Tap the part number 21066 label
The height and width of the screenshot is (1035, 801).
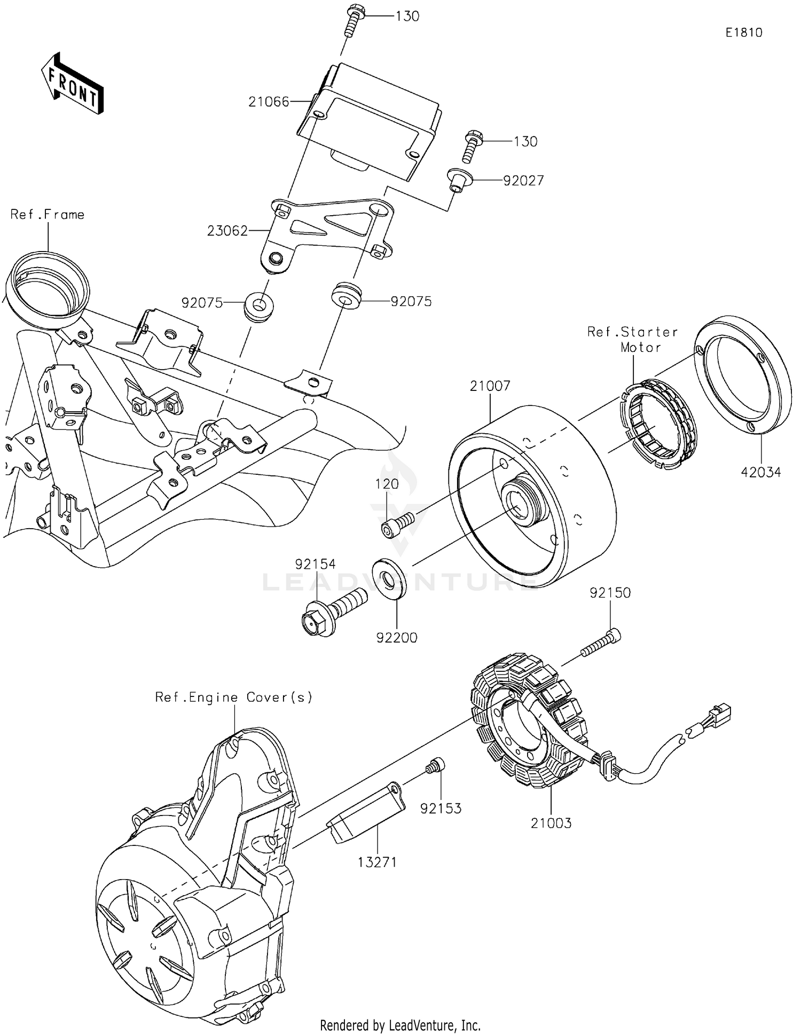(269, 101)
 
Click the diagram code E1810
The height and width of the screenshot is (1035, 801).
(744, 33)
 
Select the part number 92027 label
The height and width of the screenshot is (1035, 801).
(523, 181)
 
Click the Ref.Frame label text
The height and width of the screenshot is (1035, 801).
(48, 215)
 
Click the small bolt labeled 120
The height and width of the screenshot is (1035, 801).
(398, 522)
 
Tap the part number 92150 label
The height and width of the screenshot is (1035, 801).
(610, 593)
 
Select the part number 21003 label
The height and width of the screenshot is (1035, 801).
(551, 823)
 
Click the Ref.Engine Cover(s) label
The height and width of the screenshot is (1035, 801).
(233, 697)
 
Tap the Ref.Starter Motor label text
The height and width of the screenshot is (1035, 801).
(633, 340)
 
